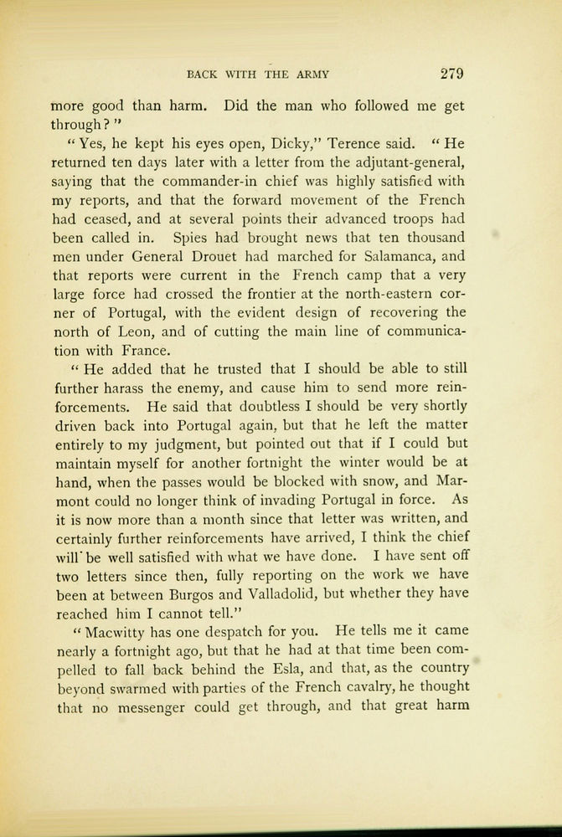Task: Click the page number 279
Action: [451, 73]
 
